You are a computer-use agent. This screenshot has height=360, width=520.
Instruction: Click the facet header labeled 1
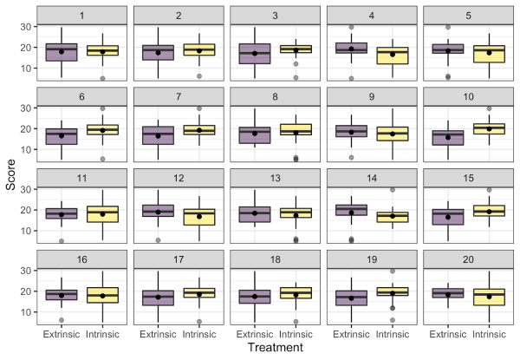[82, 16]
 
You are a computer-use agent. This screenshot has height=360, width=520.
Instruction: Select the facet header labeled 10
[467, 97]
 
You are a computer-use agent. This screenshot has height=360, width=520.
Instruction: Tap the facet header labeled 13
[275, 178]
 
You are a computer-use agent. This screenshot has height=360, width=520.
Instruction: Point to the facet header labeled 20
[467, 259]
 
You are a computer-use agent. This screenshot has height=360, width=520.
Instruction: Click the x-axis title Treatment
[274, 348]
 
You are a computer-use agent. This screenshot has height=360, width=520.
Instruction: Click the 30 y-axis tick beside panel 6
[25, 108]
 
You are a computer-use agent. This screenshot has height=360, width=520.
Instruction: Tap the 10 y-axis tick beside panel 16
[25, 311]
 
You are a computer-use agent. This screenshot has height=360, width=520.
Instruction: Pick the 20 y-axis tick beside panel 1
[25, 47]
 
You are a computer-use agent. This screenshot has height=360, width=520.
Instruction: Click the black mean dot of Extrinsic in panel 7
[159, 136]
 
